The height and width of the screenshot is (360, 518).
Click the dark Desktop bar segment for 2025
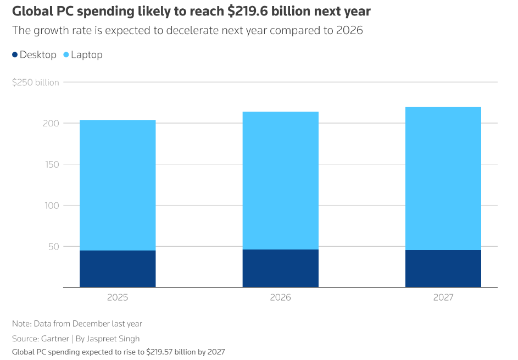click(118, 269)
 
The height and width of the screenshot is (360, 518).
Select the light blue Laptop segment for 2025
click(118, 185)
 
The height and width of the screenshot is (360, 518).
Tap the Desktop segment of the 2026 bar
click(280, 268)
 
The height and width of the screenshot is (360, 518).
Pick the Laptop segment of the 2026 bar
click(280, 181)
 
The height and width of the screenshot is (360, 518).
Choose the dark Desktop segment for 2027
click(443, 269)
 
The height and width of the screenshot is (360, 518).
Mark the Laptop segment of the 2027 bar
click(443, 179)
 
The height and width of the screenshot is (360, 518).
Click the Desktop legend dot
click(15, 55)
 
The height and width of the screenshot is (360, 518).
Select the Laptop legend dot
click(66, 55)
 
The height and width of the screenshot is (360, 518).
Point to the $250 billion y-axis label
click(35, 82)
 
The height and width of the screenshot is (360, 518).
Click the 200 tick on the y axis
click(51, 123)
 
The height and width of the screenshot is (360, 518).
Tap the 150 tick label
click(51, 164)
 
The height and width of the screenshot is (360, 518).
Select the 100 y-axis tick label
click(51, 206)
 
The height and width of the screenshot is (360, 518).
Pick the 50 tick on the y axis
click(53, 246)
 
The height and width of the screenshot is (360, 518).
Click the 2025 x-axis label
click(118, 297)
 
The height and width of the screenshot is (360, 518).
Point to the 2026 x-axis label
click(280, 297)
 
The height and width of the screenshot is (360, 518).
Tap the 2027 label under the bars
click(443, 297)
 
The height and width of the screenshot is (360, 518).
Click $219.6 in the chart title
click(250, 12)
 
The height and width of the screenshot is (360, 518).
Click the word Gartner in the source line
click(54, 339)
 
